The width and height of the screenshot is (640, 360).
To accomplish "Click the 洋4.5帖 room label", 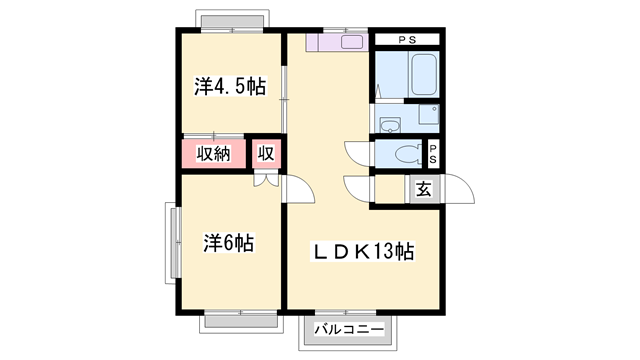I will click(x=229, y=87).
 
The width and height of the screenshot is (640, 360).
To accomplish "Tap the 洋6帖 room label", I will click(x=229, y=242).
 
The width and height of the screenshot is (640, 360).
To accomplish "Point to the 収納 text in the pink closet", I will click(x=213, y=154).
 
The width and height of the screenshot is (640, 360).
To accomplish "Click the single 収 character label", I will click(x=266, y=154).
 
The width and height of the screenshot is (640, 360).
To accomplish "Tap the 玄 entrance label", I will click(x=423, y=189).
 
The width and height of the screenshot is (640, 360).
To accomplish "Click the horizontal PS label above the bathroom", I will click(x=407, y=40).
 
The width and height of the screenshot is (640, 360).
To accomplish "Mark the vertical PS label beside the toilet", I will click(x=434, y=154).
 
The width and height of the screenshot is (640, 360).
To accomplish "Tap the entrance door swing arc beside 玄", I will click(x=457, y=189).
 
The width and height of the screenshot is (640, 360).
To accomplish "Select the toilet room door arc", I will click(x=357, y=154).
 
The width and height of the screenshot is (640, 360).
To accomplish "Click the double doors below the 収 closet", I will click(x=266, y=181).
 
